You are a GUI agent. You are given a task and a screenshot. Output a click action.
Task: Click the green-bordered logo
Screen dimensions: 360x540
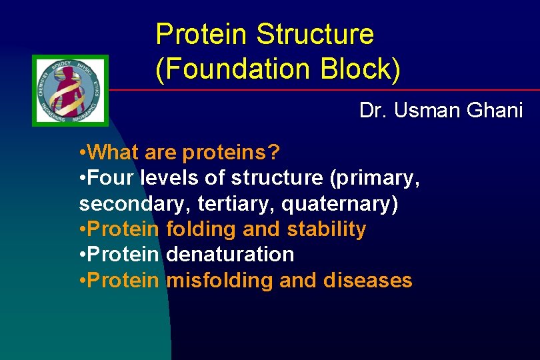click(x=70, y=90)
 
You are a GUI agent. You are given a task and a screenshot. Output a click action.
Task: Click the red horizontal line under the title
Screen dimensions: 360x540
click(x=320, y=90)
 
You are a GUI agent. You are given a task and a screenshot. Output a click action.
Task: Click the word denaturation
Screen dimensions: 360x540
click(x=230, y=254)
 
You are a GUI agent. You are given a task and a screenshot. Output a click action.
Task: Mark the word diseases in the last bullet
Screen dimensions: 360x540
click(x=367, y=280)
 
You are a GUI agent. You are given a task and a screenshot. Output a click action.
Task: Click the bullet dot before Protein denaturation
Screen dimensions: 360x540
click(x=82, y=255)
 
